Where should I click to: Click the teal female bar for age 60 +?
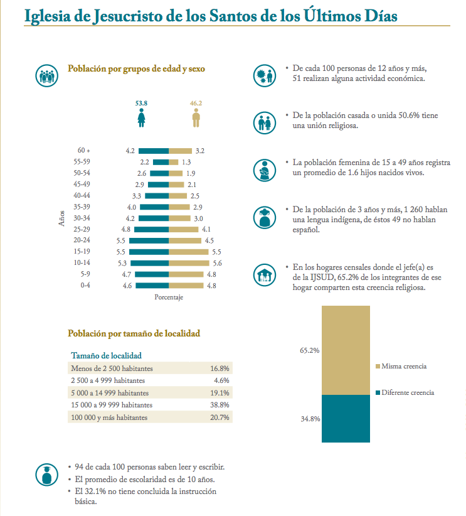[x=154, y=151]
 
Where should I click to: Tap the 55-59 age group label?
[x=82, y=162]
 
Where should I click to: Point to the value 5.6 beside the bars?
[x=218, y=263]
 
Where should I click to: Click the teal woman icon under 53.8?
[x=142, y=117]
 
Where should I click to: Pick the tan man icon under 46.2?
[x=196, y=117]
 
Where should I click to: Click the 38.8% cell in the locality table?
[x=220, y=405]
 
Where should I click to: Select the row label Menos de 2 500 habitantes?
[x=112, y=368]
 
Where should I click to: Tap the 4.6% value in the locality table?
[x=221, y=380]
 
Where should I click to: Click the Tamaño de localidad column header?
[x=107, y=355]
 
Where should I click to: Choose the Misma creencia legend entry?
[x=403, y=366]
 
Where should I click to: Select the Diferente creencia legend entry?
[x=407, y=392]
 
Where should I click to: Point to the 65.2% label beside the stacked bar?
[x=310, y=350]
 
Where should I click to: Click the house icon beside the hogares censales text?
[x=263, y=276]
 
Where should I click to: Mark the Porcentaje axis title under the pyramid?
[x=169, y=298]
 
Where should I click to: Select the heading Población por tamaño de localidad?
[x=134, y=333]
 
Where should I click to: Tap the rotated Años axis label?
[x=61, y=218]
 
